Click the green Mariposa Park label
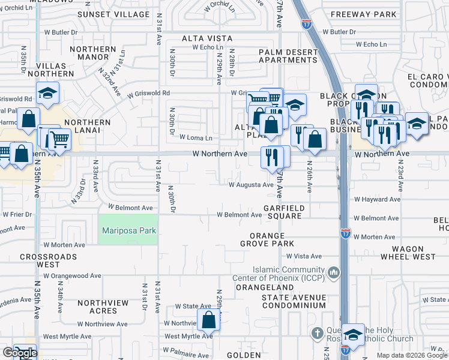128,231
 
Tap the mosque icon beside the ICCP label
334,274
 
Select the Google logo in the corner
19,353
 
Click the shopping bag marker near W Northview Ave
208,319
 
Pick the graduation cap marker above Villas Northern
47,93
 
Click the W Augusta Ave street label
251,185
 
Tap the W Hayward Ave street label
377,199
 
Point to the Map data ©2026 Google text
411,355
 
